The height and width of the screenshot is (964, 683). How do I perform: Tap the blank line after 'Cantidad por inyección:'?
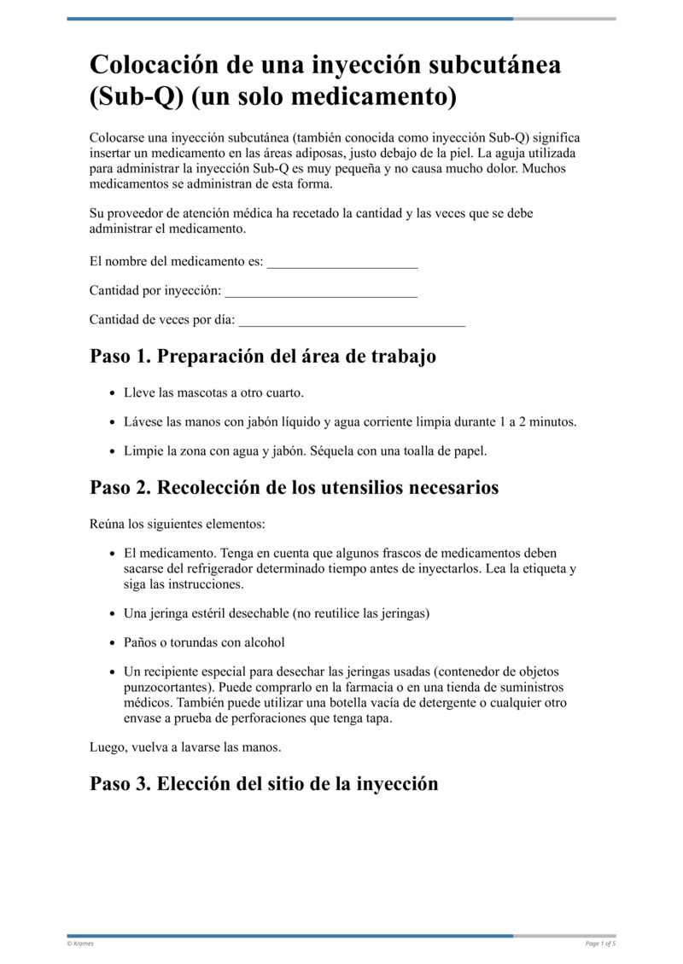[320, 291]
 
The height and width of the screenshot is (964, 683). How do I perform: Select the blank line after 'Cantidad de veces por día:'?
[352, 320]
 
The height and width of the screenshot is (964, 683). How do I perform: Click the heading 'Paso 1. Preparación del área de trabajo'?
[263, 356]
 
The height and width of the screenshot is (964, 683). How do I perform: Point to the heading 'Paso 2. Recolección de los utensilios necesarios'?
[294, 487]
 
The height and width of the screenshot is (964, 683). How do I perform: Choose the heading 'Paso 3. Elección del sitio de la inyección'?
[264, 783]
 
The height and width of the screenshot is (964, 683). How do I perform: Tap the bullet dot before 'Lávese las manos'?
[114, 422]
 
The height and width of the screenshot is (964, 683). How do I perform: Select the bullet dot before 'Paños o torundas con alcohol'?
[114, 642]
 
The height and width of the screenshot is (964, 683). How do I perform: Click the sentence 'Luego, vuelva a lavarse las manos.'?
[185, 747]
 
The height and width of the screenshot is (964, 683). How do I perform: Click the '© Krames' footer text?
[80, 944]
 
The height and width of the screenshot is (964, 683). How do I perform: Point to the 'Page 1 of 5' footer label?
[600, 944]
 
